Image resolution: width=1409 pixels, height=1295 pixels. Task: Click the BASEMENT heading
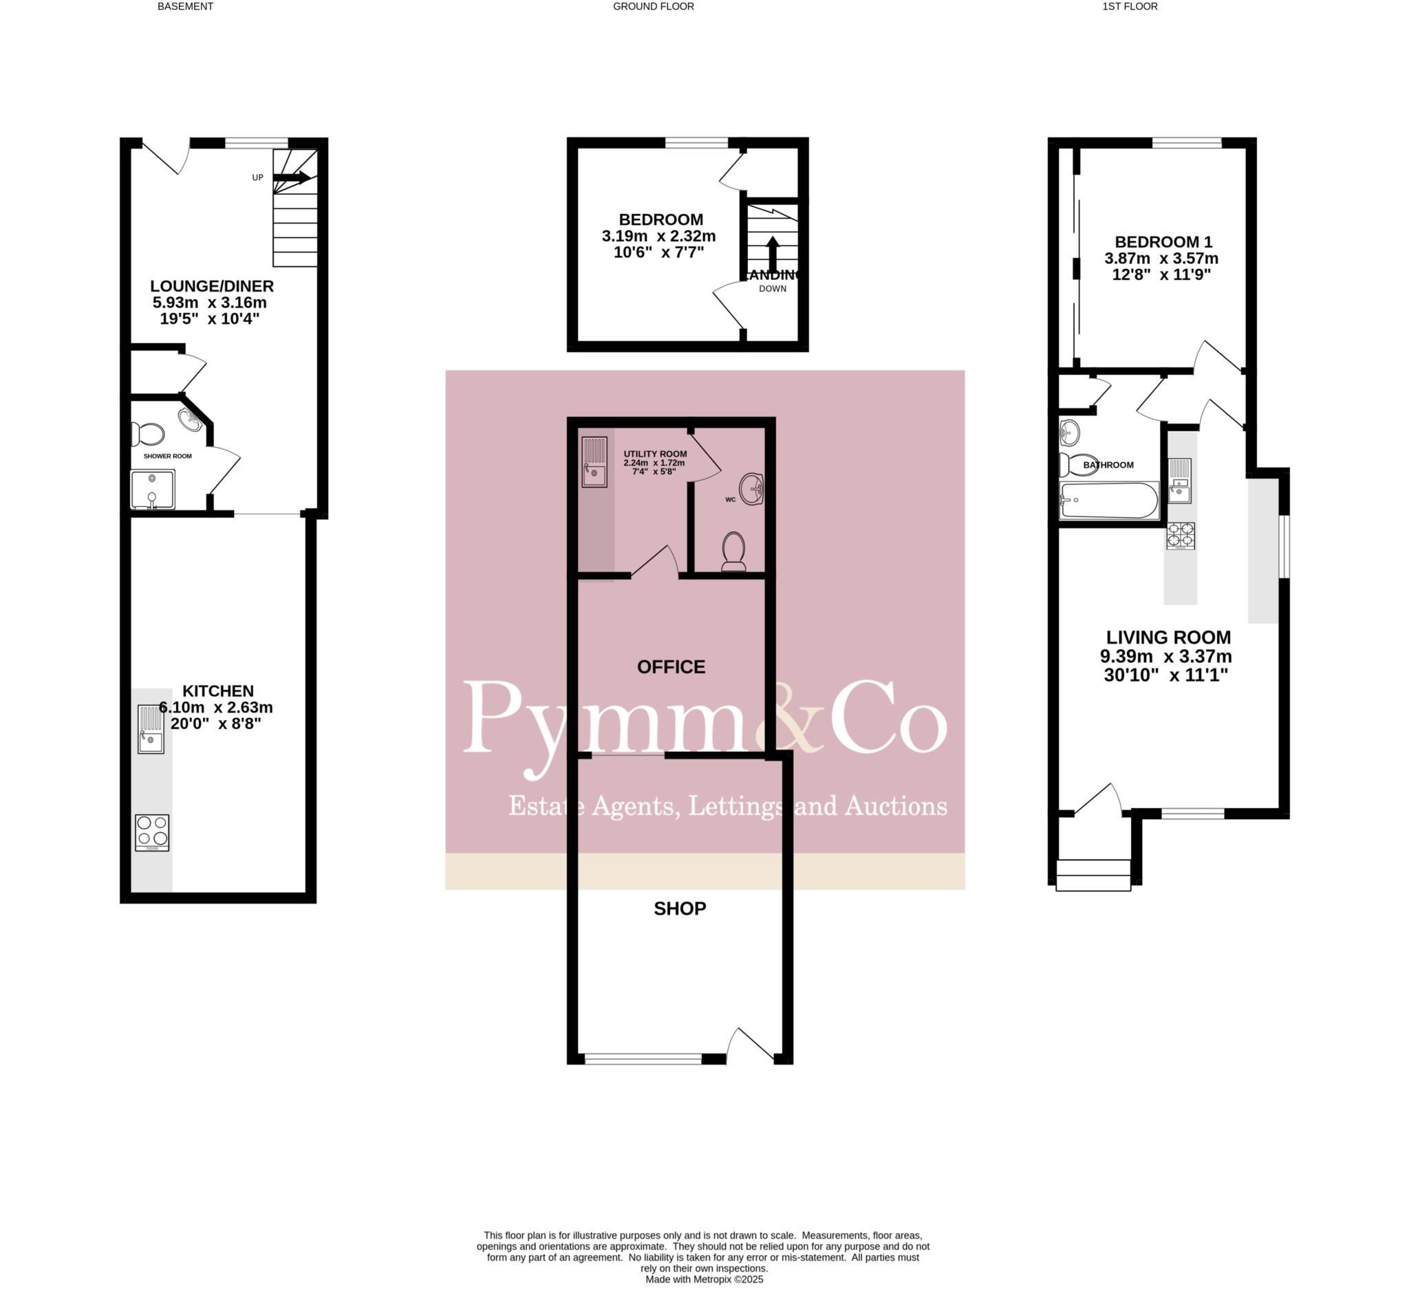pyautogui.click(x=185, y=6)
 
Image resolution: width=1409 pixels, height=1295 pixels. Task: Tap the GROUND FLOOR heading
pyautogui.click(x=654, y=6)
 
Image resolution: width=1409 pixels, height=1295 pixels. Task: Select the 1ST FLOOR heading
pyautogui.click(x=1130, y=6)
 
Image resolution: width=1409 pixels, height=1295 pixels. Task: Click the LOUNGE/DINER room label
pyautogui.click(x=212, y=286)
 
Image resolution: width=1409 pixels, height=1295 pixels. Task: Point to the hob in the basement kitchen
pyautogui.click(x=152, y=832)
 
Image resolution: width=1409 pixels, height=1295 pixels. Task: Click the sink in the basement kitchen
pyautogui.click(x=151, y=729)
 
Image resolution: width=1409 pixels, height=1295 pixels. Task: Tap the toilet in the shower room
pyautogui.click(x=148, y=434)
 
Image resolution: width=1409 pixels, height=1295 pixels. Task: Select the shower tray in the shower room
pyautogui.click(x=152, y=489)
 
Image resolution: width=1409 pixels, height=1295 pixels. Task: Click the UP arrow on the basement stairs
pyautogui.click(x=292, y=178)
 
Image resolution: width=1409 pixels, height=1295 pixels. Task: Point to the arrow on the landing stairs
pyautogui.click(x=772, y=252)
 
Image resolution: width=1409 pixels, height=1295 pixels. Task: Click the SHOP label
pyautogui.click(x=679, y=908)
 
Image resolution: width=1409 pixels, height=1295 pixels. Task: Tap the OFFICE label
pyautogui.click(x=671, y=666)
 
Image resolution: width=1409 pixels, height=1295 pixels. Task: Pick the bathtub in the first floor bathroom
pyautogui.click(x=1109, y=501)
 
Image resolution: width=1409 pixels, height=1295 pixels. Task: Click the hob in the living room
pyautogui.click(x=1181, y=536)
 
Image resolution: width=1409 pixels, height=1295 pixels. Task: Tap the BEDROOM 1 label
pyautogui.click(x=1162, y=242)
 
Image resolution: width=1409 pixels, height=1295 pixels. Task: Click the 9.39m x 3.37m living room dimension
pyautogui.click(x=1165, y=657)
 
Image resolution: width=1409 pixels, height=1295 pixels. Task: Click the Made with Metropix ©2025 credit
pyautogui.click(x=704, y=1279)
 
